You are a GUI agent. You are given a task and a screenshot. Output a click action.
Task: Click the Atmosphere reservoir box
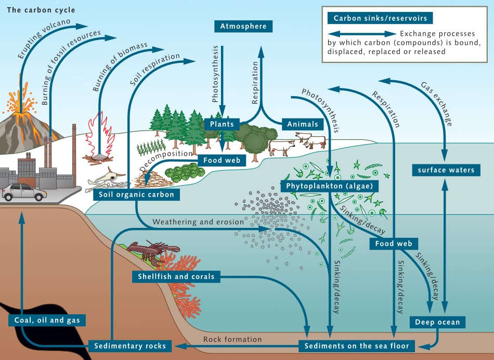243,27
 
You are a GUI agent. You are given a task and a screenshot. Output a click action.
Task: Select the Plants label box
222,124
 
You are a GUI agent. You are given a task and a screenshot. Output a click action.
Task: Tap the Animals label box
302,124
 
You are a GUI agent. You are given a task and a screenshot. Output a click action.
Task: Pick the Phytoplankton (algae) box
329,186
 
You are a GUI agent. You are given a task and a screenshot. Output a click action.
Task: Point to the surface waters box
446,170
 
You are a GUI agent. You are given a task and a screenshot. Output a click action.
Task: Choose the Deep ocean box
437,323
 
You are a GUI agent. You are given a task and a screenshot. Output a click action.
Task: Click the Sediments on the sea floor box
357,345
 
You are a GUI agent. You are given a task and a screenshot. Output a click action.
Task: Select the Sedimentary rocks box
130,346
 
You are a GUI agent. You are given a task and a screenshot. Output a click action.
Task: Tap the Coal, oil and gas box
46,320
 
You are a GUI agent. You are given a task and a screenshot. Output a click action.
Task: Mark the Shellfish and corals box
176,276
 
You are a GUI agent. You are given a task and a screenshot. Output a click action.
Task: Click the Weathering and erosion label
198,222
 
